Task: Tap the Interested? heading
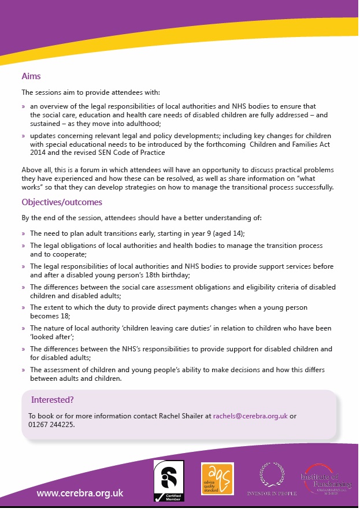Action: point(52,399)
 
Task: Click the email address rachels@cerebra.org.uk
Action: point(250,416)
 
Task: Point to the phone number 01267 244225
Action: point(51,424)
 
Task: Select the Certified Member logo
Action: point(169,480)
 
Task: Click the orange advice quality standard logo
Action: point(217,478)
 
